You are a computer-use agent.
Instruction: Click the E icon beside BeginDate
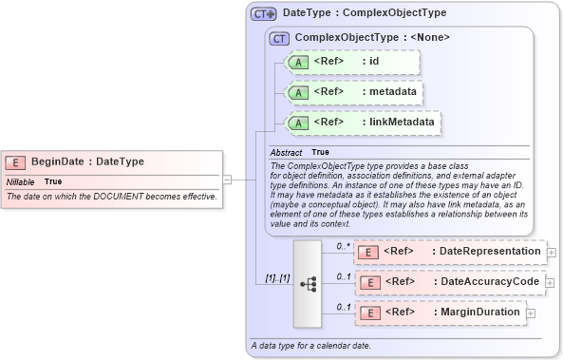tap(17, 161)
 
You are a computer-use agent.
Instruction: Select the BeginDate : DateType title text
tap(87, 161)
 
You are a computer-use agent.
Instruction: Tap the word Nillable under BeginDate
tap(21, 180)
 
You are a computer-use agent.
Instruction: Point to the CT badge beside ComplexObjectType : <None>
tap(279, 39)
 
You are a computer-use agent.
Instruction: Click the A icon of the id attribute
tap(298, 63)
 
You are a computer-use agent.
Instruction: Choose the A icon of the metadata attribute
tap(298, 93)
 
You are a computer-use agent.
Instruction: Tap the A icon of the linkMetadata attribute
tap(298, 123)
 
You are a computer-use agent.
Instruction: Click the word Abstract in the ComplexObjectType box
tap(286, 152)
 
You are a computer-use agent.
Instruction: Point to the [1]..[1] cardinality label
tap(277, 277)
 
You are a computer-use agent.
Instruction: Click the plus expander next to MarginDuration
tap(531, 313)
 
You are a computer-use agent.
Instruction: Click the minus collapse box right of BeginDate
tap(227, 178)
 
